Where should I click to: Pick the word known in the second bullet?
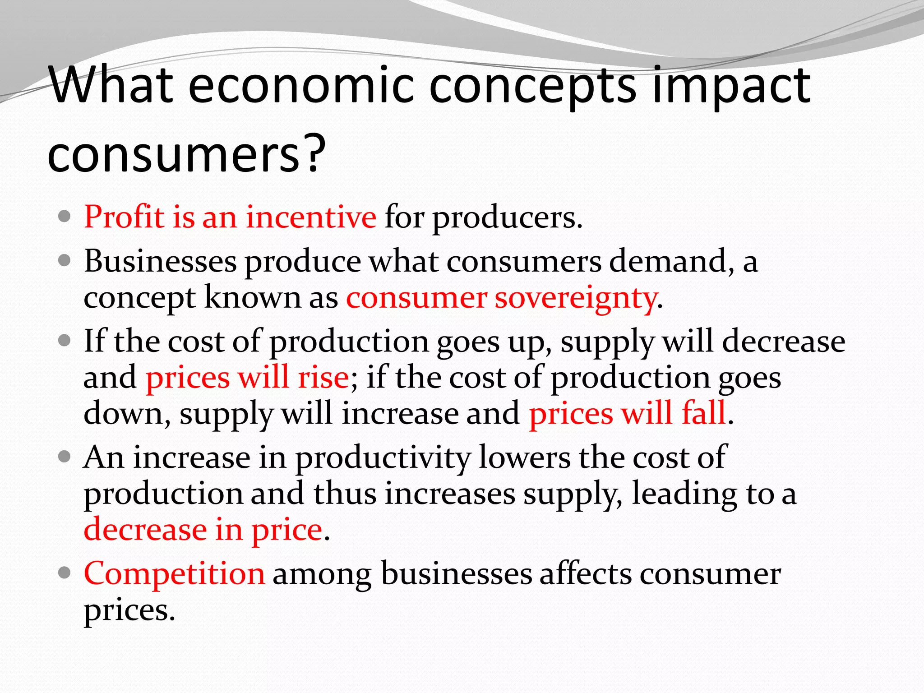253,297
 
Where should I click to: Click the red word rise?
323,377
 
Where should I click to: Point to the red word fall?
703,413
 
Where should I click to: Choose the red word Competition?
174,574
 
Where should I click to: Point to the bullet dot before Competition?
65,573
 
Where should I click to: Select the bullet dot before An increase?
65,457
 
